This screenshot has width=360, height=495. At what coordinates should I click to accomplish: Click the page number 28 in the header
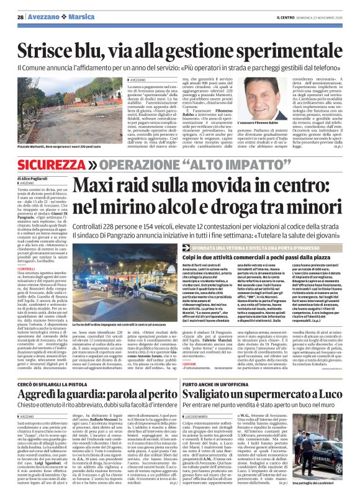pos(21,16)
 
